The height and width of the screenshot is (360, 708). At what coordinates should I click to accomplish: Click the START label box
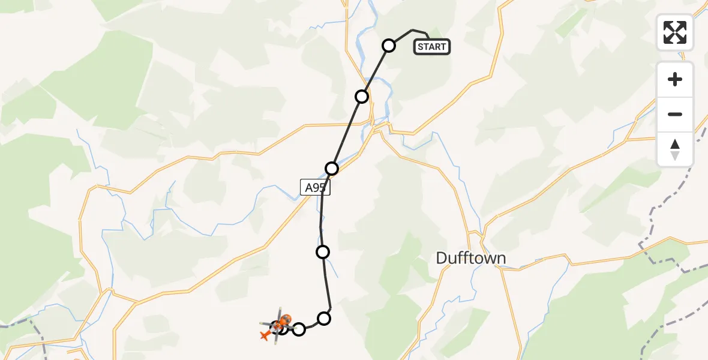431,47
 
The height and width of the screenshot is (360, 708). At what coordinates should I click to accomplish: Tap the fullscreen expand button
675,32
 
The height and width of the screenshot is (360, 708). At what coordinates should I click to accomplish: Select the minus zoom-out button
675,115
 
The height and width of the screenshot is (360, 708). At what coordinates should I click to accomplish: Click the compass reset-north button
675,149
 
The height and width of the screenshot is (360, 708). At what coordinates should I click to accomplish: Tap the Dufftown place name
470,259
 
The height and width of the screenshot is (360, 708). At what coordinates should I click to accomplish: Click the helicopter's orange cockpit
286,320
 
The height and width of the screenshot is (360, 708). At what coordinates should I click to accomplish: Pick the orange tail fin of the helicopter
265,334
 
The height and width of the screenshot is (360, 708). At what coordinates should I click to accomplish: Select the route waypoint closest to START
389,46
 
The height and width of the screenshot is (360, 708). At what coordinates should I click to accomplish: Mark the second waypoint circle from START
361,97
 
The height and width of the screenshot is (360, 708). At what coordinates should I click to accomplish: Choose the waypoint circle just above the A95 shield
332,169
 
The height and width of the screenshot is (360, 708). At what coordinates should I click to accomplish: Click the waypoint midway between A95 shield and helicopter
323,252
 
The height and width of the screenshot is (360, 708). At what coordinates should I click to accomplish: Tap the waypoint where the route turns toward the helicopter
324,318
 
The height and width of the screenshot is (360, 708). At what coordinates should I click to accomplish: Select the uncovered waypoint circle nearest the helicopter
299,329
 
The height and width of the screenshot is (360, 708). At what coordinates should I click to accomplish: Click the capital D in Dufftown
442,259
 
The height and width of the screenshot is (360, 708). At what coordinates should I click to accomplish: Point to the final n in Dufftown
500,259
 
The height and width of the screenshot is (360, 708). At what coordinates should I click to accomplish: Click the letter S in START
421,47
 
